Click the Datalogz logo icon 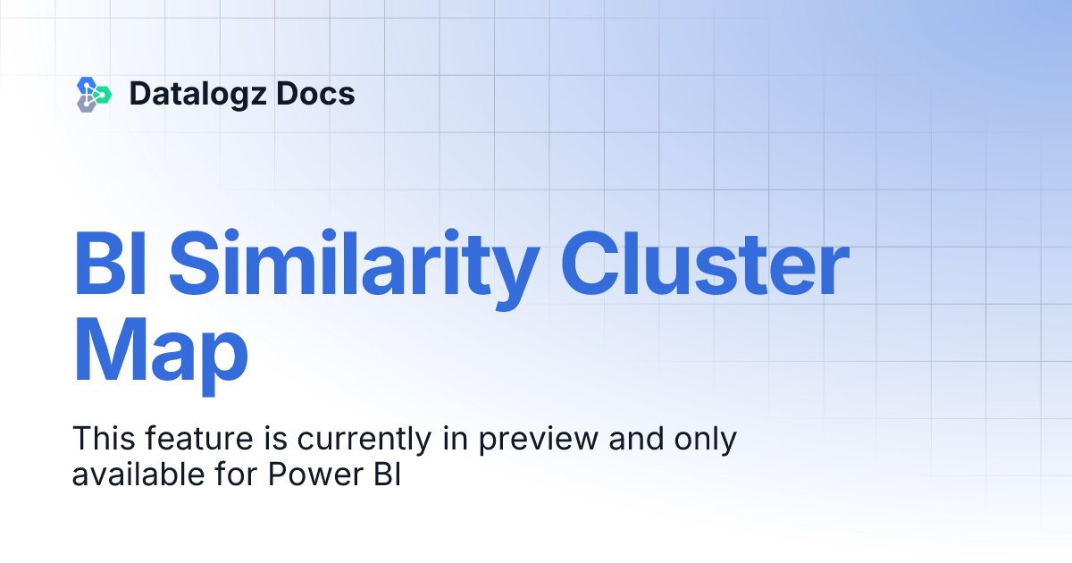(94, 94)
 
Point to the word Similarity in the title (354, 265)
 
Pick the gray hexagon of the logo (87, 105)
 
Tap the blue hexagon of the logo (87, 85)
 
